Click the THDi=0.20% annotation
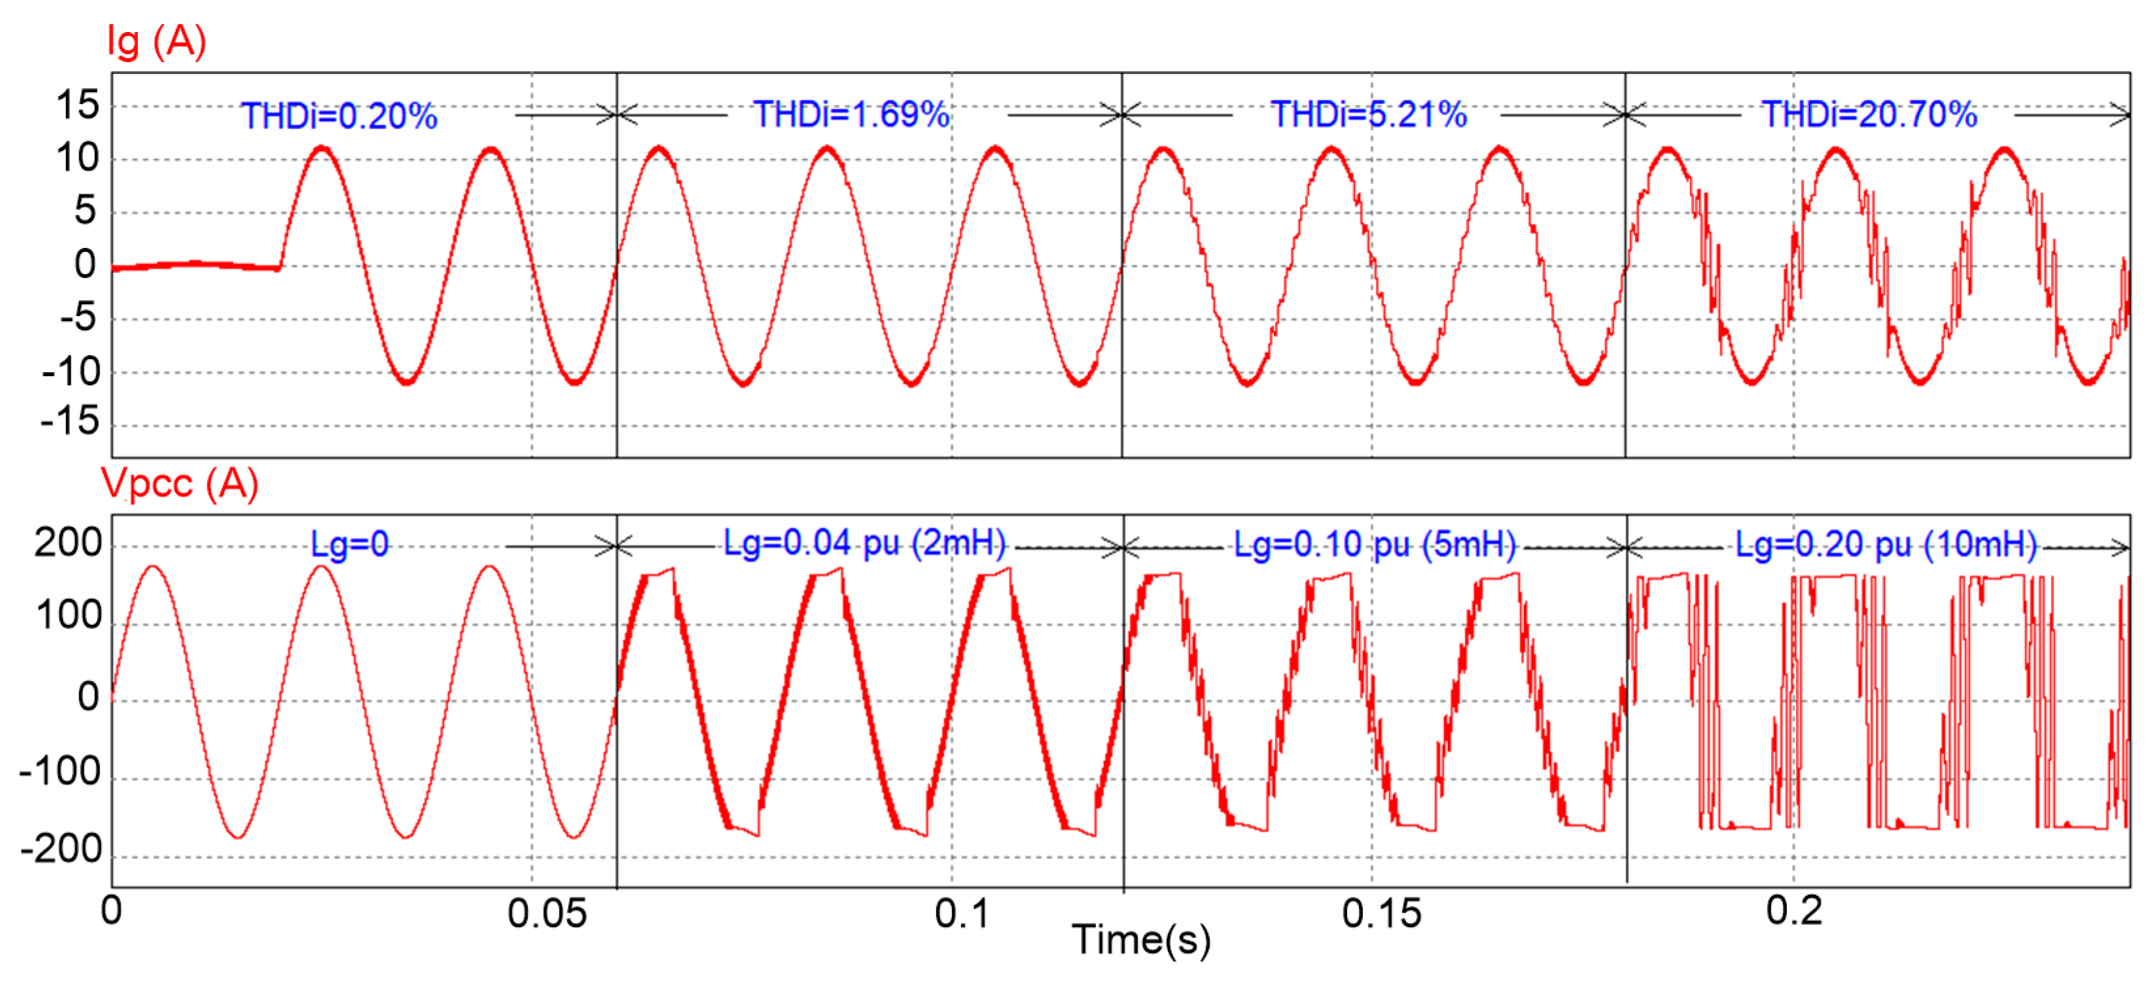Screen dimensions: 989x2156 [339, 116]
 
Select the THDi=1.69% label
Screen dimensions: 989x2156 [851, 114]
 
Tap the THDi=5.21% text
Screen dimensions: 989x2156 [1368, 114]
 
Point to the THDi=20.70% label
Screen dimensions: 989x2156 [1869, 114]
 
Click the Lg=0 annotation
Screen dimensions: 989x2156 [350, 545]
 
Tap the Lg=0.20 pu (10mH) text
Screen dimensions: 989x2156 [1886, 545]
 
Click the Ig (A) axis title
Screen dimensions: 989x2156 [156, 42]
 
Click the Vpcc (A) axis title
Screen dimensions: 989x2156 [179, 483]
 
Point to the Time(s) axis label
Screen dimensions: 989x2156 [1140, 940]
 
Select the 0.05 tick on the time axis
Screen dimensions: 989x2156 [546, 914]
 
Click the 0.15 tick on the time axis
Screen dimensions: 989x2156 [1381, 914]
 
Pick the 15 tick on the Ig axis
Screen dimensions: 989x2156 [77, 106]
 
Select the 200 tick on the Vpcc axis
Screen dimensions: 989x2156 [68, 544]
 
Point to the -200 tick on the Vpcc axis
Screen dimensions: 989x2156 [61, 850]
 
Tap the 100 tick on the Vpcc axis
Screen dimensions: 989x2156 [69, 617]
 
